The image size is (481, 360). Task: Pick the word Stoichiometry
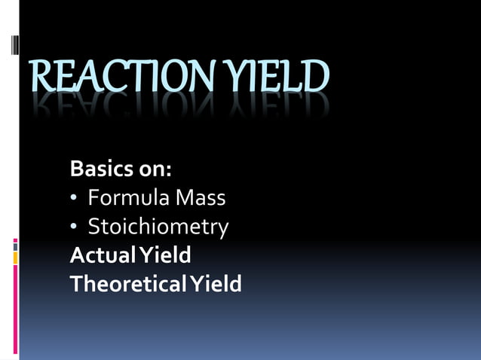point(158,227)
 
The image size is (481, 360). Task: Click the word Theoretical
point(128,284)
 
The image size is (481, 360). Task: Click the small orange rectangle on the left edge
point(15,258)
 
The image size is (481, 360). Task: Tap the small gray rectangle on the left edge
point(15,246)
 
